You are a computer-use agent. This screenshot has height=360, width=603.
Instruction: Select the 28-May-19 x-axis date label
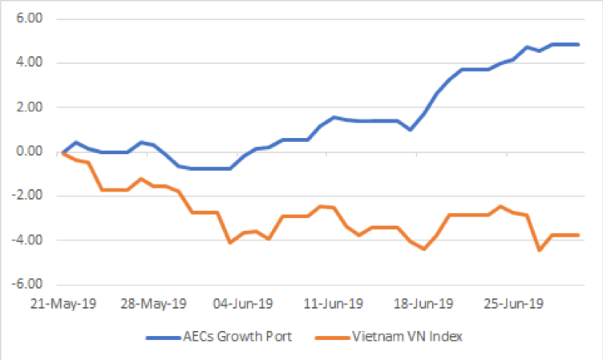click(x=154, y=304)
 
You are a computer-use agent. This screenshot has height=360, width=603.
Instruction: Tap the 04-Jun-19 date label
click(x=244, y=304)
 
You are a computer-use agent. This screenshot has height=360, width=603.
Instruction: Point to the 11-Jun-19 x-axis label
click(x=334, y=304)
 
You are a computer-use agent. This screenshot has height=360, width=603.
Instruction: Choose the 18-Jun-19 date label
click(x=424, y=304)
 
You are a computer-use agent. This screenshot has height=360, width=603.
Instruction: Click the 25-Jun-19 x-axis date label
click(x=514, y=304)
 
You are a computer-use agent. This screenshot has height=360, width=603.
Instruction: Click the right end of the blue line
click(x=578, y=44)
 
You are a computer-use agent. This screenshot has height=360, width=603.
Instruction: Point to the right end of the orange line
click(x=578, y=235)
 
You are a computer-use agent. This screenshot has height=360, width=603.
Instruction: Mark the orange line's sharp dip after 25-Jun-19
click(x=539, y=250)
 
